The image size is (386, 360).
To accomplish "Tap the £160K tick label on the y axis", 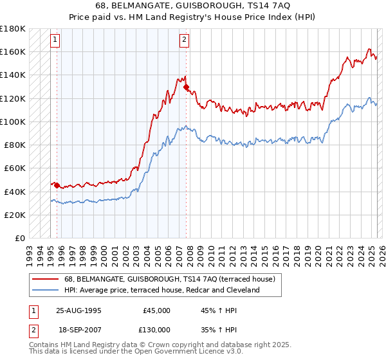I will click(13, 51).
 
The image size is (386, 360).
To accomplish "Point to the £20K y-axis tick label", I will click(15, 215).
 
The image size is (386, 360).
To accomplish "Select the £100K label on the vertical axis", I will click(13, 122).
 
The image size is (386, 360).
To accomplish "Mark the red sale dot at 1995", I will click(57, 186).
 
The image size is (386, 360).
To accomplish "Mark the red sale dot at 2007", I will click(186, 87).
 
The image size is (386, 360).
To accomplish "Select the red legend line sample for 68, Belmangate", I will click(45, 279).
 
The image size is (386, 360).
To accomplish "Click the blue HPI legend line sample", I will click(45, 290).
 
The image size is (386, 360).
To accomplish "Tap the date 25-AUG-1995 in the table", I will click(78, 310).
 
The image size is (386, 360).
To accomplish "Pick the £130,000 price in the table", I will click(156, 329).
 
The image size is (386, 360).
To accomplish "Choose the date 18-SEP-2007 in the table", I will click(78, 329).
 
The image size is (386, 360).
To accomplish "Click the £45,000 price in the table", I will click(156, 310).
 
